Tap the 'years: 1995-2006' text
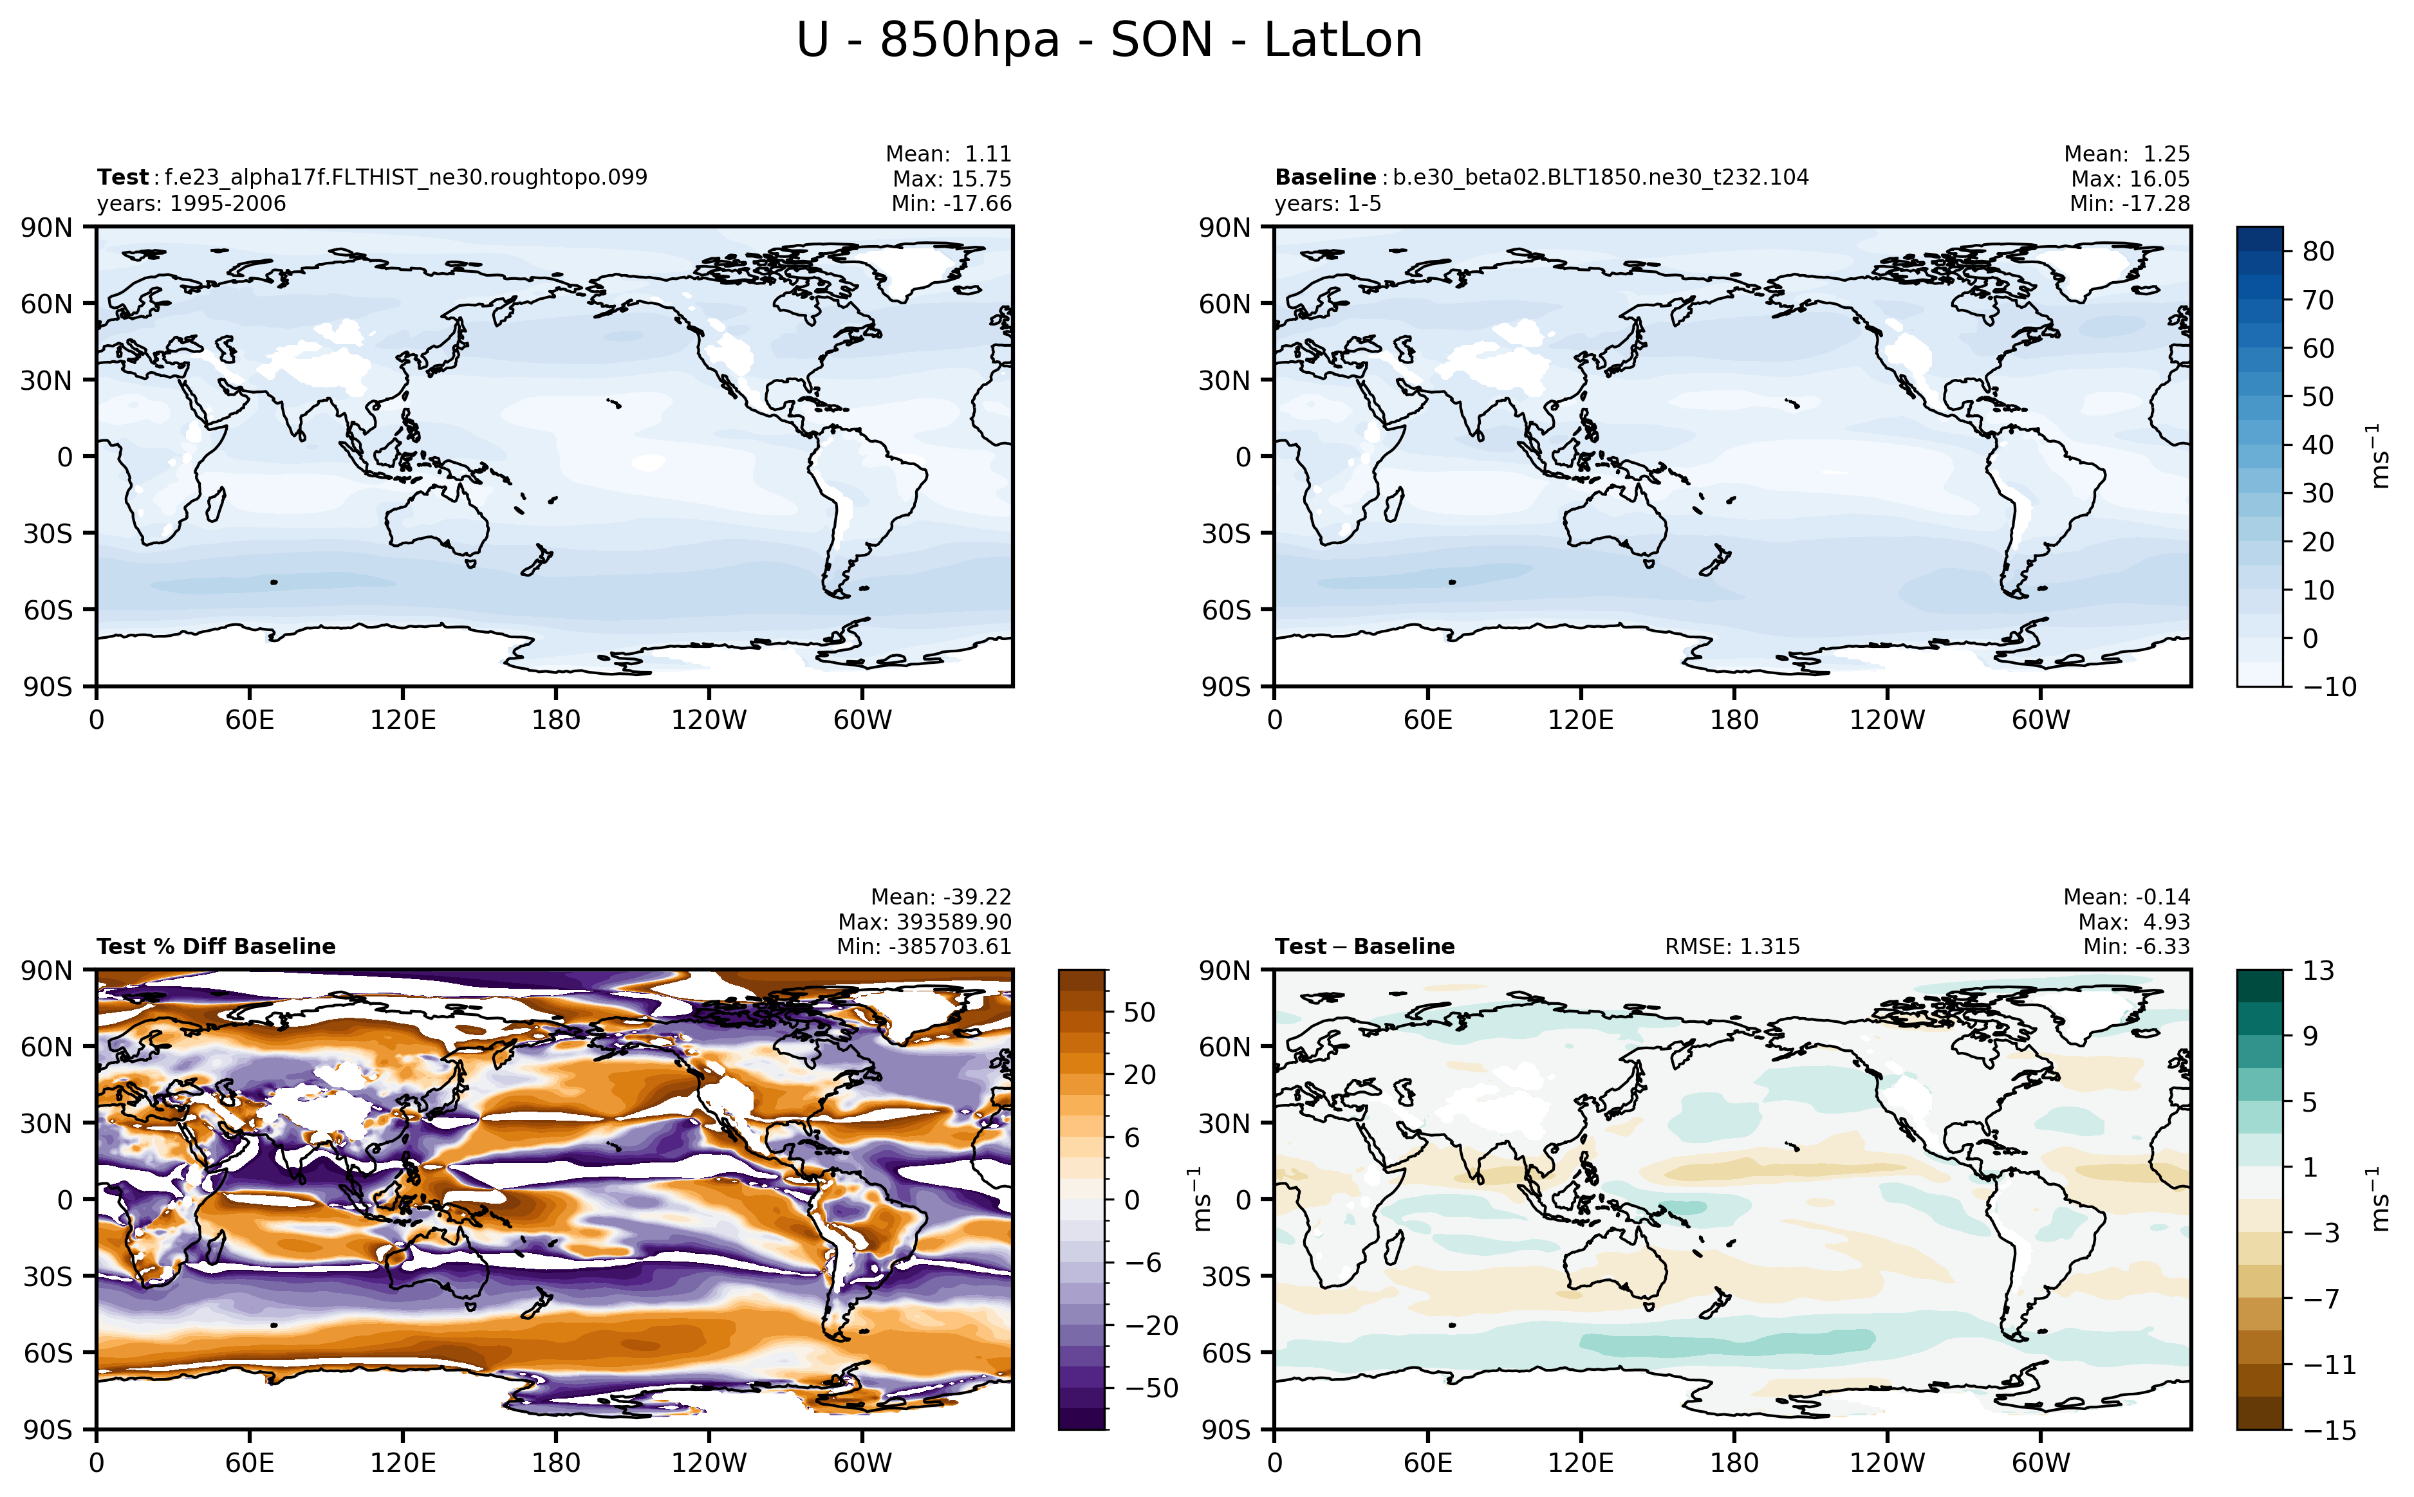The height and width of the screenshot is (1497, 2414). (191, 204)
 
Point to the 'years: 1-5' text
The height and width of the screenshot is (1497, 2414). (1327, 204)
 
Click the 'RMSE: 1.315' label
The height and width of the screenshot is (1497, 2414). (1732, 946)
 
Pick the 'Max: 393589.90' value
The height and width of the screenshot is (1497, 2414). (924, 922)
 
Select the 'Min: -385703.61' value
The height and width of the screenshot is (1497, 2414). (924, 946)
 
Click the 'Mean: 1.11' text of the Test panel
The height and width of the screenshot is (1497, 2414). (947, 154)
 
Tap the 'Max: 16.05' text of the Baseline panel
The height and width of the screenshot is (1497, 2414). (2129, 179)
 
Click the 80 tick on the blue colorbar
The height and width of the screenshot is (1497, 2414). (2318, 252)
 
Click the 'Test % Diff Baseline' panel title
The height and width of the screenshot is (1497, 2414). (216, 946)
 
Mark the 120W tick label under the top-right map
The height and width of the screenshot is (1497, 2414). (1886, 720)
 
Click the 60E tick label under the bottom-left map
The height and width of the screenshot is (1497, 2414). (250, 1462)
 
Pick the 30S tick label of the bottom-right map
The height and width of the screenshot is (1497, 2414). (1226, 1276)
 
